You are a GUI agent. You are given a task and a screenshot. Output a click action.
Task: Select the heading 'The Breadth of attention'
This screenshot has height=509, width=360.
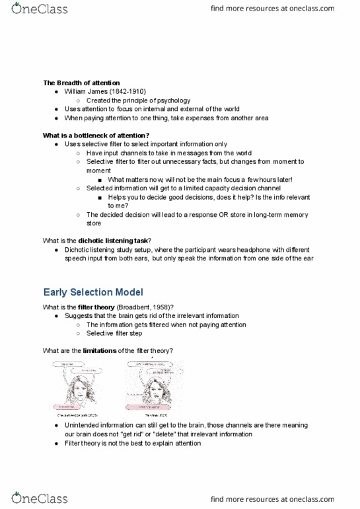tap(81, 83)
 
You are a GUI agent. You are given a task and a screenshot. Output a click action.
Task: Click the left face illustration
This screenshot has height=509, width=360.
tap(77, 386)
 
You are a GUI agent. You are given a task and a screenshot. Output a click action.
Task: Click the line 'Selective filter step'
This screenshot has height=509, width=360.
tap(114, 333)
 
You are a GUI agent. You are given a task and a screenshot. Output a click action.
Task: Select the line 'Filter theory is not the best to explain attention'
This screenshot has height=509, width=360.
tap(132, 444)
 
